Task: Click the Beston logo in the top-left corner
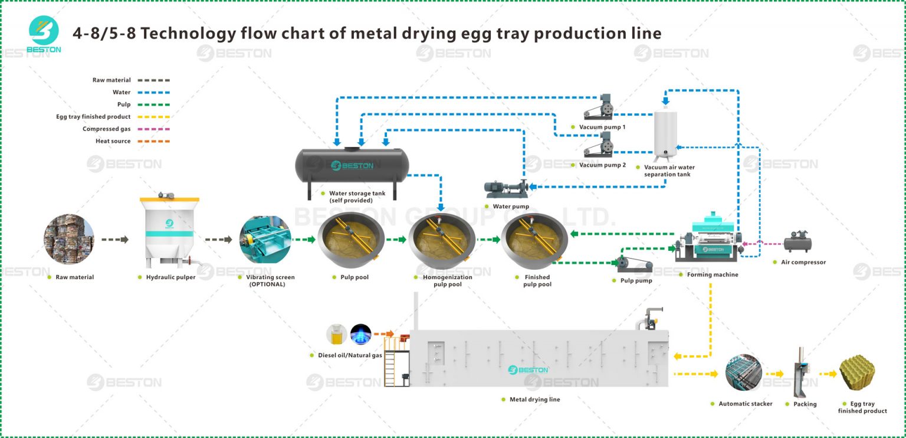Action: click(x=44, y=34)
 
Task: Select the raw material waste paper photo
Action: click(x=69, y=239)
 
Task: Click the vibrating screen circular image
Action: click(x=265, y=239)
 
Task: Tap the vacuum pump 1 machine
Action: click(x=600, y=108)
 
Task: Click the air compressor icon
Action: click(x=798, y=241)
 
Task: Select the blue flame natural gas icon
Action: click(x=360, y=335)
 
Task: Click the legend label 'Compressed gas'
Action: click(x=107, y=129)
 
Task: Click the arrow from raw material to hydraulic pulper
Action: click(x=114, y=240)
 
